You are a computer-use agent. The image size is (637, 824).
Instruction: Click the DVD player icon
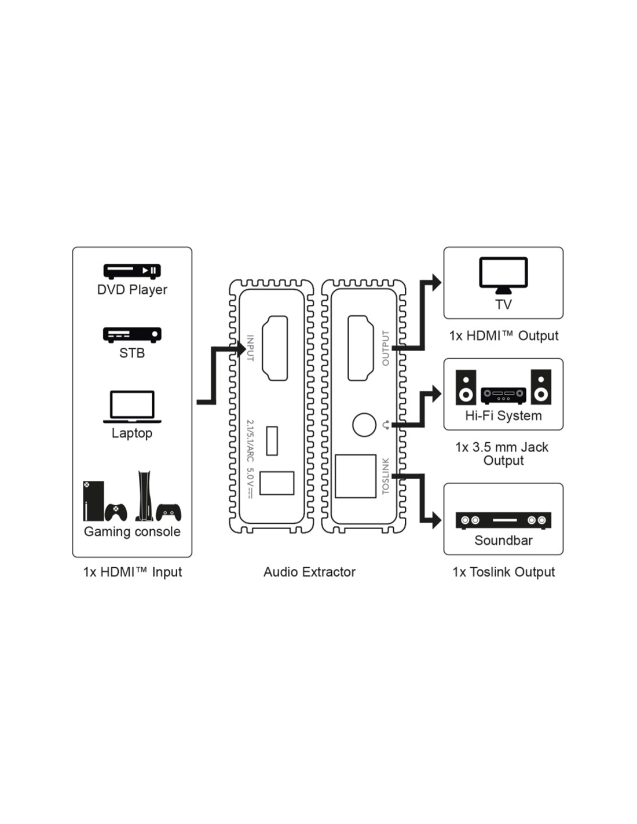click(131, 271)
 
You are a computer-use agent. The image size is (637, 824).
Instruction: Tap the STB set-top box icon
click(131, 334)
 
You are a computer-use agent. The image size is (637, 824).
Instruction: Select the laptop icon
click(132, 406)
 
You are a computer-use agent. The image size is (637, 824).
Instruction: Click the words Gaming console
click(132, 531)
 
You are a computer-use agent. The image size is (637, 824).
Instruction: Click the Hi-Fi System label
click(503, 415)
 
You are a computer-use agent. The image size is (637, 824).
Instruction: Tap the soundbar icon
click(503, 520)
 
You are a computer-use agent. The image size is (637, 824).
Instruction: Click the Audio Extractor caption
click(309, 572)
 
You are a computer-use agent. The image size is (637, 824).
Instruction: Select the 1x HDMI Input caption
click(132, 572)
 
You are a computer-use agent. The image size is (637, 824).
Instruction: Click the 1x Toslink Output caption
click(503, 572)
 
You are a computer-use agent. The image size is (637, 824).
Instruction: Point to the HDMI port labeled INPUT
click(275, 348)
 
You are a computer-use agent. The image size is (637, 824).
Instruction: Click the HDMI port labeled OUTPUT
click(360, 348)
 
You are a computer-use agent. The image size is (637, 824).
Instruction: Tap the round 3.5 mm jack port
click(364, 425)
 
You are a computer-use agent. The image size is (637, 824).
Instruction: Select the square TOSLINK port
click(356, 476)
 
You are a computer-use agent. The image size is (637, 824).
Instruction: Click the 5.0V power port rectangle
click(277, 483)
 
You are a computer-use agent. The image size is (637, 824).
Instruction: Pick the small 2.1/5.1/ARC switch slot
click(272, 440)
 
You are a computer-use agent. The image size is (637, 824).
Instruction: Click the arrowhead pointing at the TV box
click(435, 283)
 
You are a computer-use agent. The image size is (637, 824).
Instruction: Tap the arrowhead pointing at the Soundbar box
click(435, 520)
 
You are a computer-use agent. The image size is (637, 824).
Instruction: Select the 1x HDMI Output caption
click(503, 336)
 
